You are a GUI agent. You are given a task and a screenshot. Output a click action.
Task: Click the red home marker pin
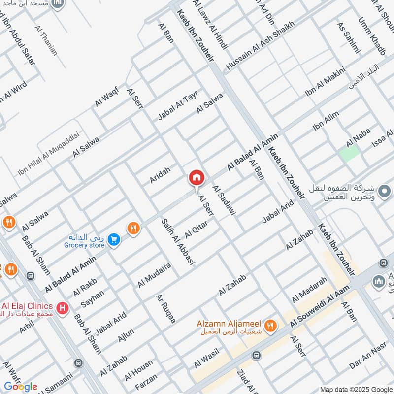[x=196, y=178]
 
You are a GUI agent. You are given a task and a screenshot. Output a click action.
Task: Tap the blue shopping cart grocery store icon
[x=114, y=240]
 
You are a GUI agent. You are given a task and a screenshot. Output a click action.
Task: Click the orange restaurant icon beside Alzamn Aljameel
[x=270, y=326]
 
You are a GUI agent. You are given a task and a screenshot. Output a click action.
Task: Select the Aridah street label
[x=160, y=175]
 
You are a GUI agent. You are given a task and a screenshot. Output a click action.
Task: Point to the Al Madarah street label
[x=309, y=290]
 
